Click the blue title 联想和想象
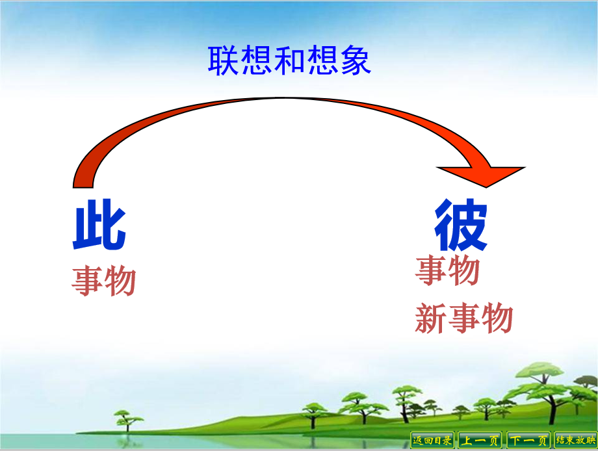289,60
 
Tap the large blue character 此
99,225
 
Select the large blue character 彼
461,225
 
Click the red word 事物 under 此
104,281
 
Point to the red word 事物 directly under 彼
448,270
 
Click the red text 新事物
463,318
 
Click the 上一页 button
480,441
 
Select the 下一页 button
528,441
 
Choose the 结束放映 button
575,441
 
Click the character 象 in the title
356,60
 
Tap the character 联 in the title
224,60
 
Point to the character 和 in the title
289,60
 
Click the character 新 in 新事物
431,318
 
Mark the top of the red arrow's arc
282,98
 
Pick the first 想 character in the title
256,60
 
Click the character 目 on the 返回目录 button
437,441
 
